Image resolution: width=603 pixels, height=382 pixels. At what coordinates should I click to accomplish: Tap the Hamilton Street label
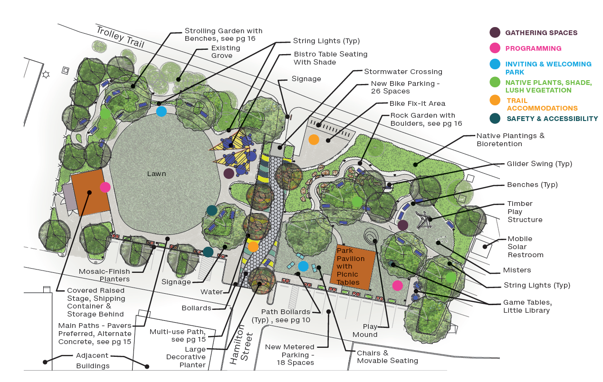[x=240, y=347]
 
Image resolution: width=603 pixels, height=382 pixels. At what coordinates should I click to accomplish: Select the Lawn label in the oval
[x=156, y=174]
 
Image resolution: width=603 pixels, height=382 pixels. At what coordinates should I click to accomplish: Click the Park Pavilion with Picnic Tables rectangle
[x=355, y=266]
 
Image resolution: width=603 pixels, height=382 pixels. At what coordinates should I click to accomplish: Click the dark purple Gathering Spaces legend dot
[x=495, y=33]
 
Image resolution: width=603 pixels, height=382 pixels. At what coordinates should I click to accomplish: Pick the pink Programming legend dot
[x=495, y=48]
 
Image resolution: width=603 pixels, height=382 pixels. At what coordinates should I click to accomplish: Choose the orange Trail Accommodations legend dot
[x=495, y=100]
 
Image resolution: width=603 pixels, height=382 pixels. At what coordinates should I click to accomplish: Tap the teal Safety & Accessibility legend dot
[x=495, y=119]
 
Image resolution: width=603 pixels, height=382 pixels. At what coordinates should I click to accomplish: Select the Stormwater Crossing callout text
[x=403, y=72]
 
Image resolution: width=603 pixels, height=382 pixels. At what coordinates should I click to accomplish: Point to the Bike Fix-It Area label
[x=417, y=103]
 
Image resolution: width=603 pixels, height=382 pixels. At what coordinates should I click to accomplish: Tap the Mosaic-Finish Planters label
[x=105, y=275]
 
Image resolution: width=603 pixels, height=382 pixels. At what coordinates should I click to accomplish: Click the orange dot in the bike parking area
[x=314, y=140]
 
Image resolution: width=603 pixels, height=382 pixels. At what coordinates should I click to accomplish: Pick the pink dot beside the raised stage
[x=105, y=187]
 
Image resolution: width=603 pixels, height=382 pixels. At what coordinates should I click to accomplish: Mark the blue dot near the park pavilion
[x=303, y=266]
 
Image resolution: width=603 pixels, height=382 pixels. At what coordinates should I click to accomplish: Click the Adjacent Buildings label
[x=93, y=360]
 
